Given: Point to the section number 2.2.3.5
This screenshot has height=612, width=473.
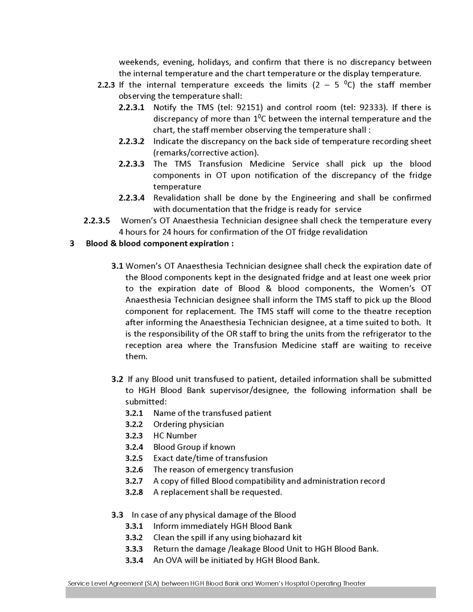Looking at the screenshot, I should coord(97,221).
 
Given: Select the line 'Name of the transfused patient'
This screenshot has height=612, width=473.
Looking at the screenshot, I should coord(212,413).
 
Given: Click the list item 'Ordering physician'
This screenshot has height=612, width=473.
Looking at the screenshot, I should coord(188,424).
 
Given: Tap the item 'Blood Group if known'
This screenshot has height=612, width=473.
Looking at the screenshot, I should coord(194,447).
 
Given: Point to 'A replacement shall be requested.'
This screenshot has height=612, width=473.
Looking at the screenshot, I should coord(218,492).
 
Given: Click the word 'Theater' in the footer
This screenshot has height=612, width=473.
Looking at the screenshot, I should coord(352,583).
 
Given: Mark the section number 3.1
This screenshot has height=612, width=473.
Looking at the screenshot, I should coord(117,266).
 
